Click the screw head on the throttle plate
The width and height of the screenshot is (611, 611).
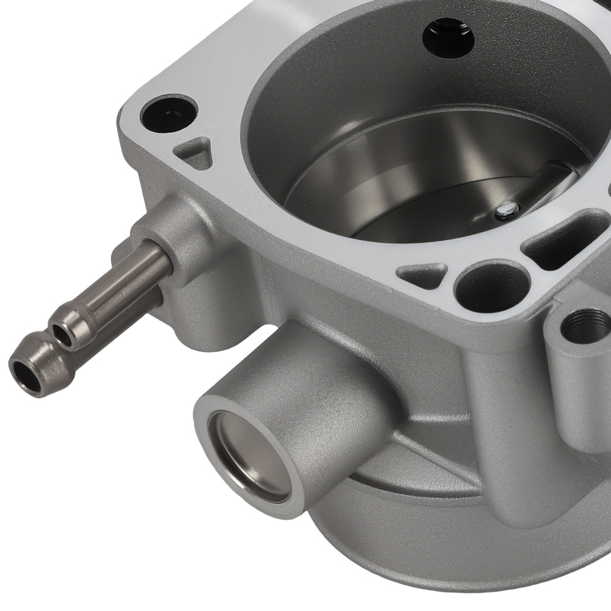point(504,211)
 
